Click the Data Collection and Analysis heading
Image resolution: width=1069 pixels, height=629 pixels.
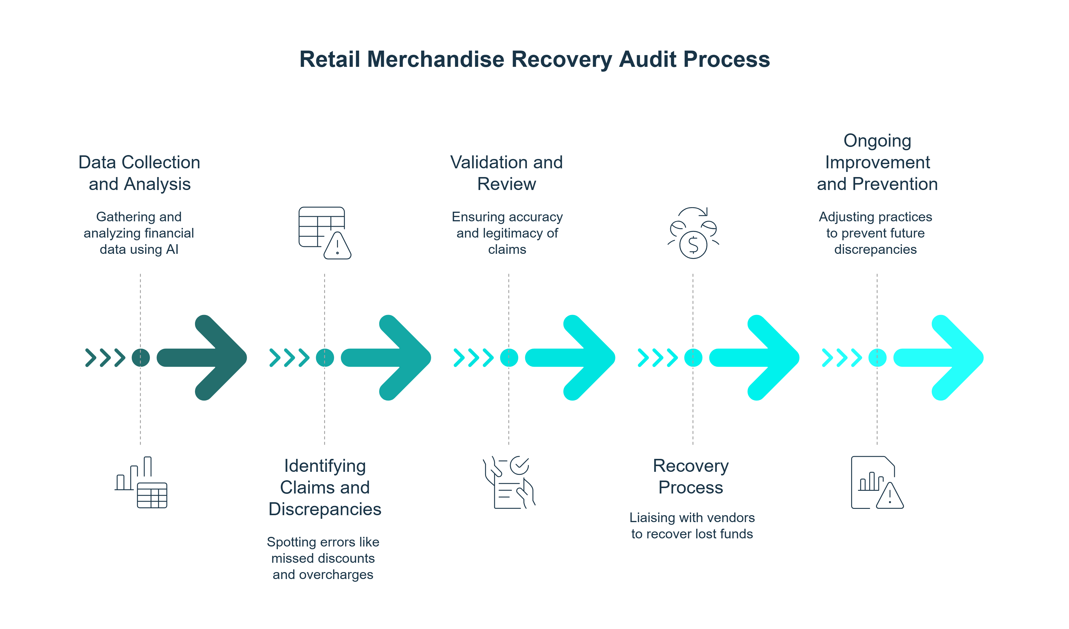(x=139, y=173)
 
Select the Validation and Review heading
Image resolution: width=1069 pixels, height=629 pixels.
(x=507, y=173)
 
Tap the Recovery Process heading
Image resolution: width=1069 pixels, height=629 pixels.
(x=691, y=477)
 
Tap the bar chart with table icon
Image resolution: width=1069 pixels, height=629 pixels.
(x=141, y=483)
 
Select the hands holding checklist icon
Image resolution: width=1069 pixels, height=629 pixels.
(x=509, y=483)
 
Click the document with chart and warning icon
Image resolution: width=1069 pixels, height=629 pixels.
(x=877, y=483)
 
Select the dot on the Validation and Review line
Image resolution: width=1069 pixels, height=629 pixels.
(x=509, y=358)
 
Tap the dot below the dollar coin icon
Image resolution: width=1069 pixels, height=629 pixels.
(x=693, y=358)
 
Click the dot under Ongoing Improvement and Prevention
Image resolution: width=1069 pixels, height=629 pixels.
(x=877, y=358)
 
